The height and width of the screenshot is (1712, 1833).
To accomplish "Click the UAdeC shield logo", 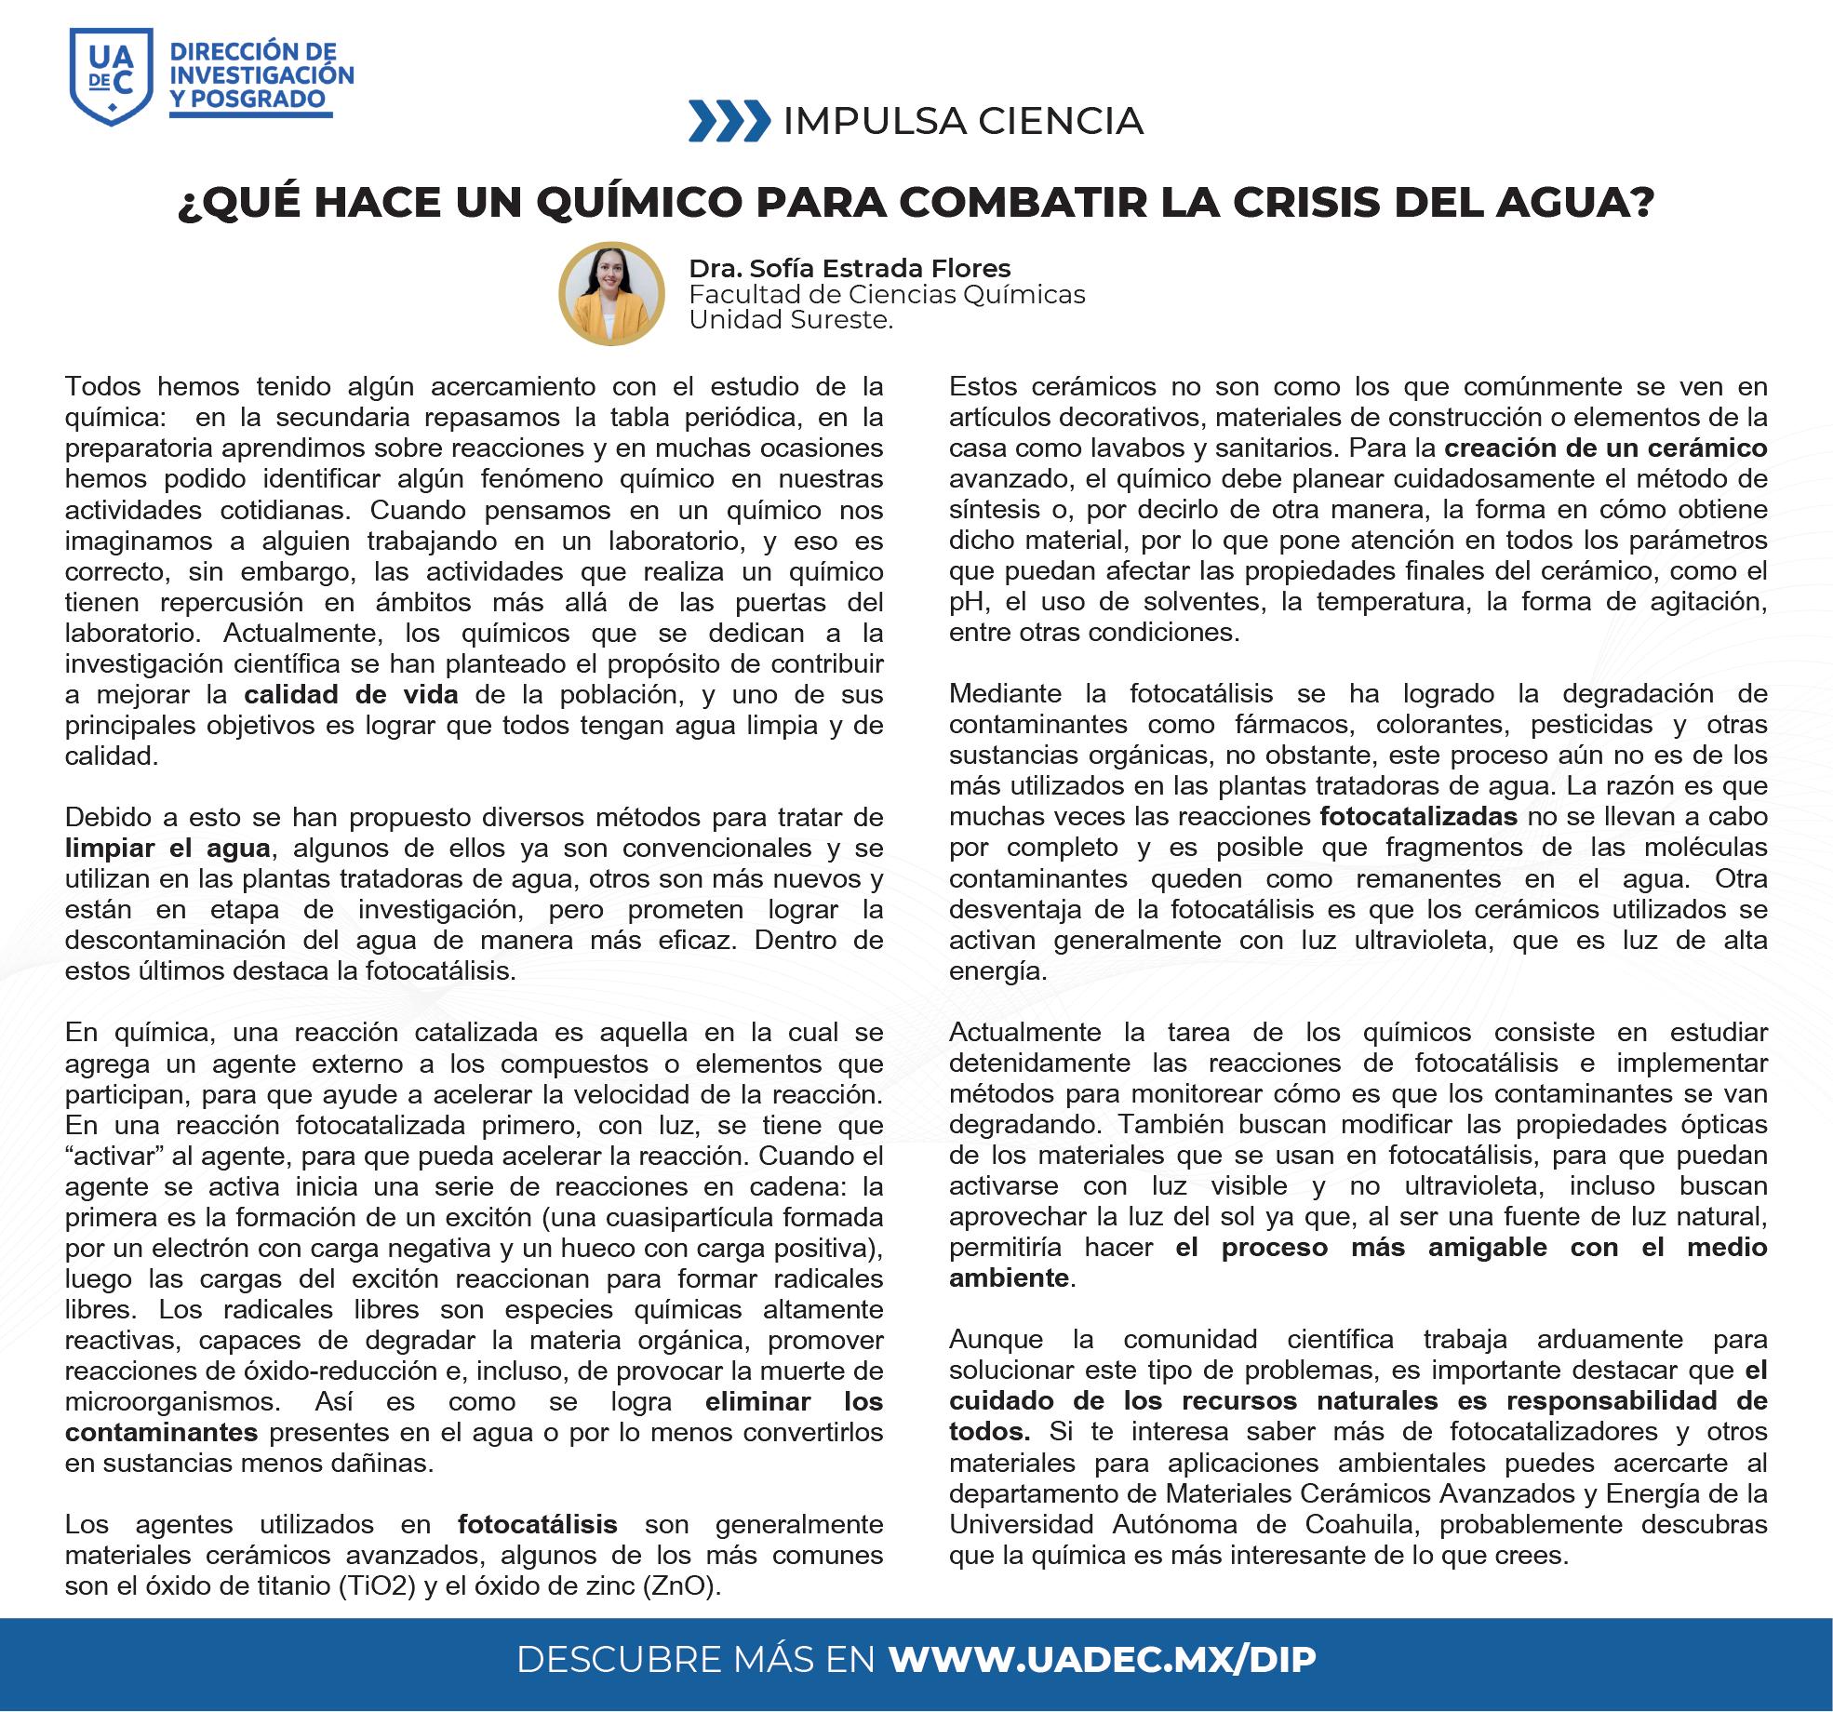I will click(x=111, y=75).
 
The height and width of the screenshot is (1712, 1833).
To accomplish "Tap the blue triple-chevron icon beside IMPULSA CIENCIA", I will click(x=729, y=121).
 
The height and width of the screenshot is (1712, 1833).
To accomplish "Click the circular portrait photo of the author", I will click(x=611, y=294).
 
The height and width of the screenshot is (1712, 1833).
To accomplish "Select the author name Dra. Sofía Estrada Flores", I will click(x=850, y=269).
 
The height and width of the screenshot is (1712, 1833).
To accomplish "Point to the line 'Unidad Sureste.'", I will click(x=791, y=320).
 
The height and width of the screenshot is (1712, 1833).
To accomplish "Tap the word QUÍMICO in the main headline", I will click(x=641, y=204).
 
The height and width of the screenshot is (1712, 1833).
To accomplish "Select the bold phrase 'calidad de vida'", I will click(x=351, y=695).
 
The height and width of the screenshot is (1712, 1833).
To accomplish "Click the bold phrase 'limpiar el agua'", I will click(x=167, y=849).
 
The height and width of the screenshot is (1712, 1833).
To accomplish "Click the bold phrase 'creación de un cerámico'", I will click(x=1605, y=448).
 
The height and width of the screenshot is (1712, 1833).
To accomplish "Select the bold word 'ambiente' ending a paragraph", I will click(x=1008, y=1278).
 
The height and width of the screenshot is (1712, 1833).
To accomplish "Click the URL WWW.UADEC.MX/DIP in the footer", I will click(x=1102, y=1660).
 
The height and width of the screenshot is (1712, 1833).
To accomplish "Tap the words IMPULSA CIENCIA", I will click(x=963, y=121).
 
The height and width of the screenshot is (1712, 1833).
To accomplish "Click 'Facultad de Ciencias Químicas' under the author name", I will click(x=887, y=295).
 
